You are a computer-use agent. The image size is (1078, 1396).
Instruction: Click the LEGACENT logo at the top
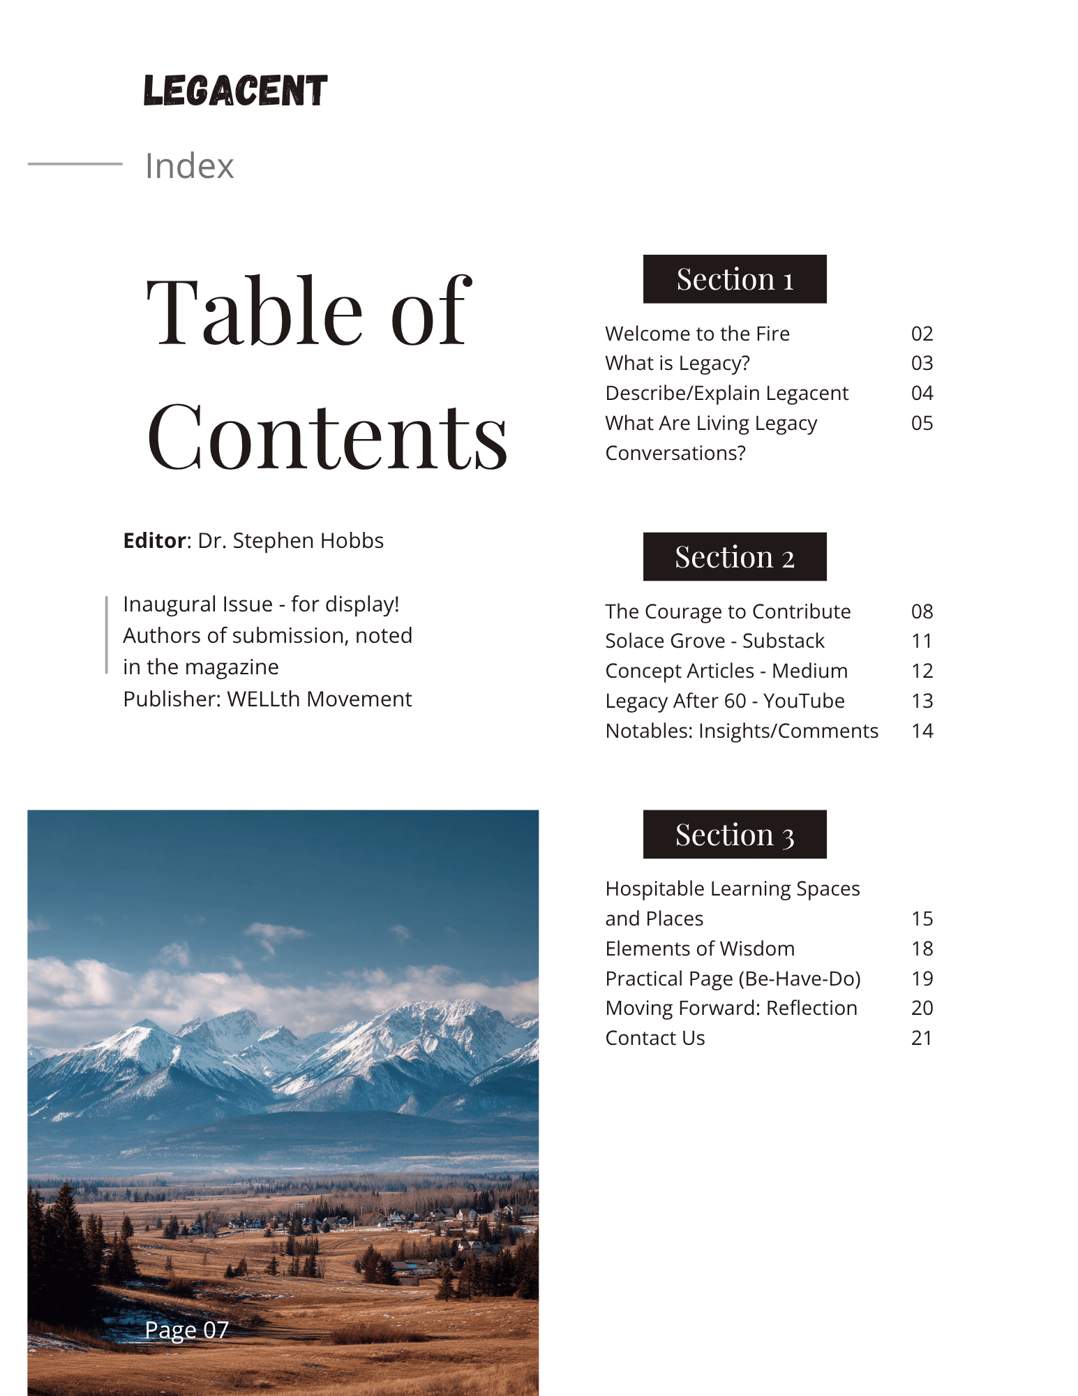(235, 91)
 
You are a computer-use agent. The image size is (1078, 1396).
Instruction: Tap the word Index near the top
(189, 166)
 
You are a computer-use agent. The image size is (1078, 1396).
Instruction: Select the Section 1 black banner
(735, 279)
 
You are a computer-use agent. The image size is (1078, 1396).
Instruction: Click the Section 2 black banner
(735, 557)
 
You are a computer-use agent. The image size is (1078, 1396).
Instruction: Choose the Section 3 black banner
(735, 835)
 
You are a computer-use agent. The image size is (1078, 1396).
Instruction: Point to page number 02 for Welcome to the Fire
(922, 334)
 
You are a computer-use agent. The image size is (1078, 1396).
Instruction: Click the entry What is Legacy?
(678, 363)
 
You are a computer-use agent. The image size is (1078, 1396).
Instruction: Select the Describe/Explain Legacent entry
(726, 393)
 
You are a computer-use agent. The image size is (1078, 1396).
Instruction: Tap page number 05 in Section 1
(922, 423)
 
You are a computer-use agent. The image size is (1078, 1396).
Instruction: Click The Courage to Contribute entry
(728, 611)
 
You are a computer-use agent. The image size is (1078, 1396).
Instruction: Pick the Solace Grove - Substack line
(714, 641)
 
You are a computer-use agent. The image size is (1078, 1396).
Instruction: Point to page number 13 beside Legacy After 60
(922, 701)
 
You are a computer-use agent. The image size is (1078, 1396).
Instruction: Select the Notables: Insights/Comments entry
(742, 731)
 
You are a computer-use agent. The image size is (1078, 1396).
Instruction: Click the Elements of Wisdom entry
(700, 949)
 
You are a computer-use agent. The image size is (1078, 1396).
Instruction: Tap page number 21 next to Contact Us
(922, 1038)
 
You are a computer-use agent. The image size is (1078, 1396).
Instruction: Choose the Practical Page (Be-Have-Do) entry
(733, 979)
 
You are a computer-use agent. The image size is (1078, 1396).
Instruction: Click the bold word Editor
(155, 541)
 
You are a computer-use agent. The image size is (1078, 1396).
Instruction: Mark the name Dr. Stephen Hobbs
(290, 541)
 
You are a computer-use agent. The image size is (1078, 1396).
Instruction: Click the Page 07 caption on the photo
(186, 1330)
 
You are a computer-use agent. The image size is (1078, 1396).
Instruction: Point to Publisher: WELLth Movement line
(267, 699)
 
